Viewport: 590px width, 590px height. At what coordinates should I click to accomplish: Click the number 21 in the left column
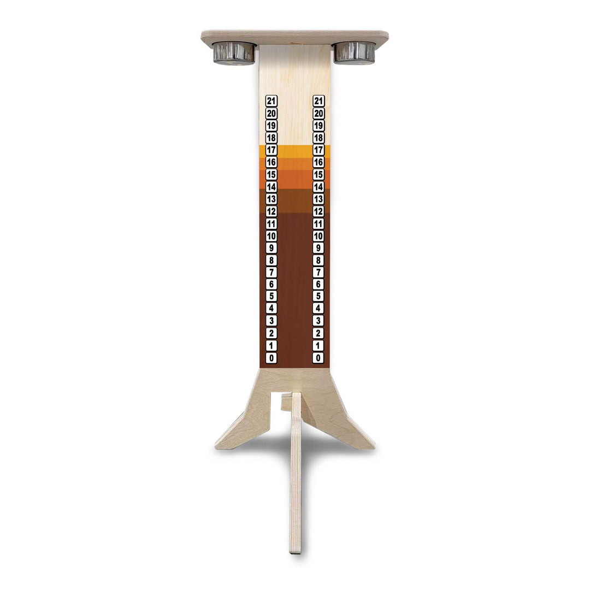(272, 101)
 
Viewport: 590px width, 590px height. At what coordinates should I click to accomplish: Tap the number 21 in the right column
(318, 101)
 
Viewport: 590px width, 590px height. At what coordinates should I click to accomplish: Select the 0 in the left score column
(272, 358)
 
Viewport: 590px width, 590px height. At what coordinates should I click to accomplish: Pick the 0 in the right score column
(318, 358)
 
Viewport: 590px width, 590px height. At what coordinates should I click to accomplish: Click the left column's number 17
(272, 150)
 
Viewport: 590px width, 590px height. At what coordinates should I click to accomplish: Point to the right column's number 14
(318, 187)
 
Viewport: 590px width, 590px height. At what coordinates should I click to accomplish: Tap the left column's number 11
(272, 223)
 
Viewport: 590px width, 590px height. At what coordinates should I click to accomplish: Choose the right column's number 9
(318, 248)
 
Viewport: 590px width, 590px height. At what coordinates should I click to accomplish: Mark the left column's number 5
(272, 297)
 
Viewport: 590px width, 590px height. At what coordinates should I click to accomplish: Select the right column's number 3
(318, 321)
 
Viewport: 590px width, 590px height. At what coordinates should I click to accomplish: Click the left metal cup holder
(234, 53)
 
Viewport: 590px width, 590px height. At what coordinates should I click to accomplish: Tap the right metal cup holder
(355, 52)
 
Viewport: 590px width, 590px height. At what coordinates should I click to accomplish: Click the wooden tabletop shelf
(294, 37)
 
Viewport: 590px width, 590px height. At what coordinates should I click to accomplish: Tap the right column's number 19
(318, 126)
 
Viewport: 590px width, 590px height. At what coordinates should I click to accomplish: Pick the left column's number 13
(272, 199)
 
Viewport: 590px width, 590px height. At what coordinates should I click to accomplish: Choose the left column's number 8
(272, 260)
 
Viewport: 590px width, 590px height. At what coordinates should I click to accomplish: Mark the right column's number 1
(318, 346)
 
